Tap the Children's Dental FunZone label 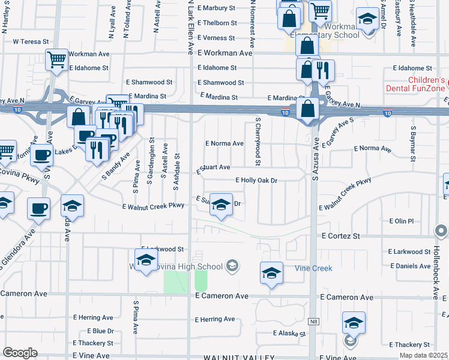427,84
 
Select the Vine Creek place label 313,268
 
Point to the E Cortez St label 340,236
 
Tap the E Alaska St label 291,333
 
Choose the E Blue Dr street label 101,331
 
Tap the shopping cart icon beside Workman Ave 56,59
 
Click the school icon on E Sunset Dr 221,205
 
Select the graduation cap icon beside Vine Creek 271,273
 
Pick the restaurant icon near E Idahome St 324,70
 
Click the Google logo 20,353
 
